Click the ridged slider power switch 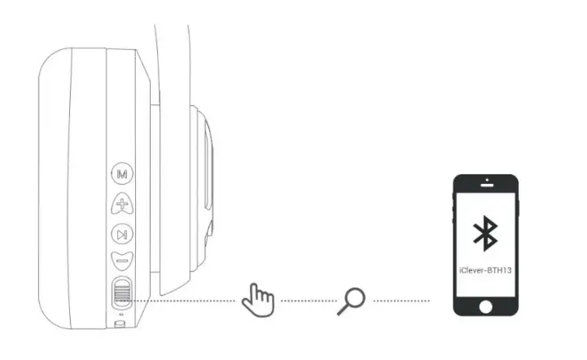[x=122, y=292]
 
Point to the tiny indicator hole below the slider [x=122, y=314]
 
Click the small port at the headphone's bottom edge [x=121, y=323]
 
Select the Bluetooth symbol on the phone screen [x=486, y=235]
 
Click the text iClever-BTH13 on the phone [x=486, y=266]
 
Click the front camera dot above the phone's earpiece [x=486, y=180]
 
